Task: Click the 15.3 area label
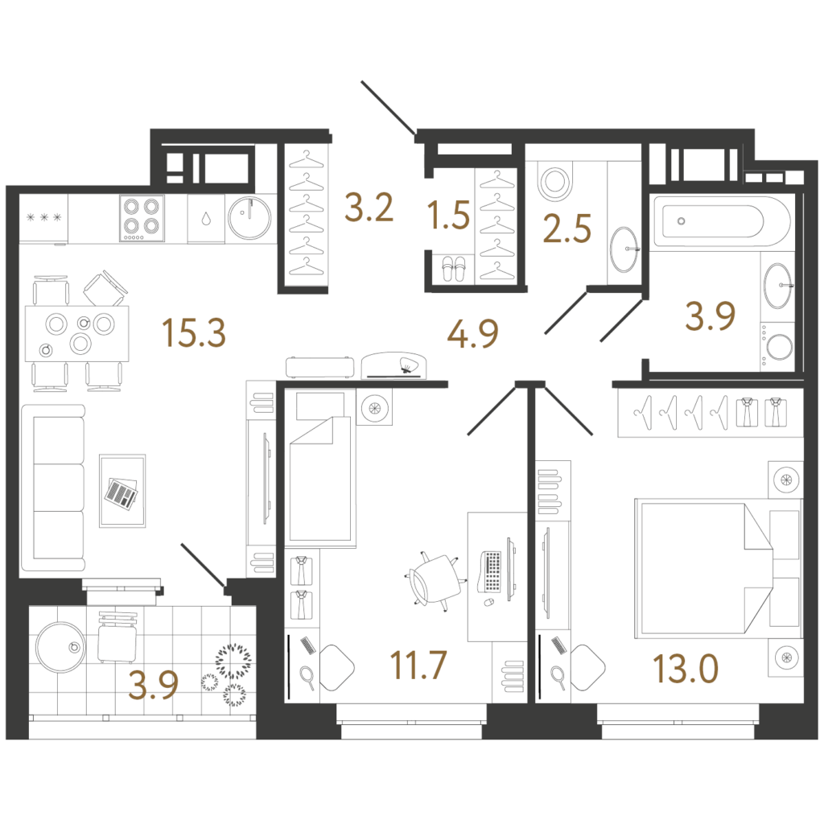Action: click(x=194, y=333)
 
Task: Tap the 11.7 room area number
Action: click(x=418, y=665)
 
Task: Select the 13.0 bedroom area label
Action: click(x=686, y=669)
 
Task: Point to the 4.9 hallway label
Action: click(x=472, y=333)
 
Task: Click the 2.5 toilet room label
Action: click(x=567, y=229)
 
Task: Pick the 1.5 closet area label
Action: click(x=448, y=215)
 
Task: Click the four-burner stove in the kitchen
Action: click(x=142, y=217)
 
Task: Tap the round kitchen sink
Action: click(x=249, y=217)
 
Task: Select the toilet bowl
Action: click(x=555, y=181)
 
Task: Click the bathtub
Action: click(x=721, y=221)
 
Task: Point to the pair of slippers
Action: click(x=453, y=269)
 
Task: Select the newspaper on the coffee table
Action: click(x=122, y=493)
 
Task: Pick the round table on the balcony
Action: click(x=60, y=647)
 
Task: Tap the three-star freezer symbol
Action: click(x=43, y=217)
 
